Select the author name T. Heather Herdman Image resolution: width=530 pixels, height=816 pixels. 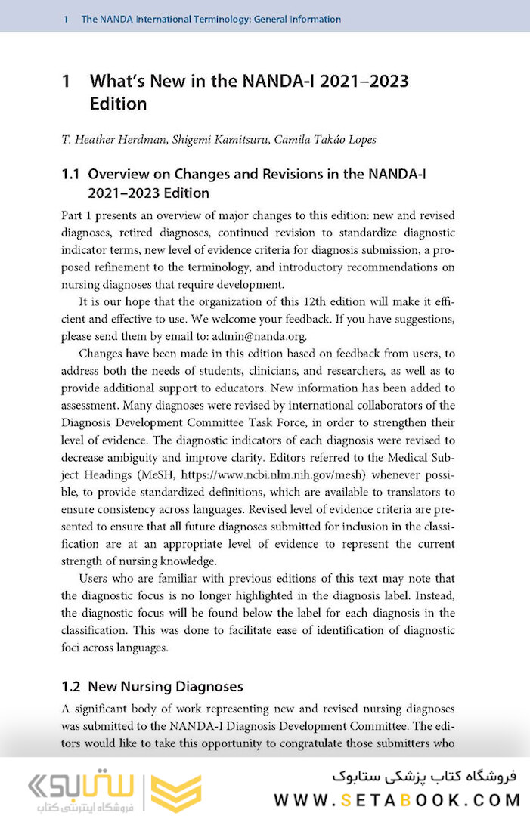113,139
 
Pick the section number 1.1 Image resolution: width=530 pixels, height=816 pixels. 70,175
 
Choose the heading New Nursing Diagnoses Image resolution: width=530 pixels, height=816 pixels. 166,687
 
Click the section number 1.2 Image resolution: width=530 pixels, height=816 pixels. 71,687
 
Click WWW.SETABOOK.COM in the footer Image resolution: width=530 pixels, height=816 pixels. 397,799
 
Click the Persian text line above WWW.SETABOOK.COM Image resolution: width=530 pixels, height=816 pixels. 423,776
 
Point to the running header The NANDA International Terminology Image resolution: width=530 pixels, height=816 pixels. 211,19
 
